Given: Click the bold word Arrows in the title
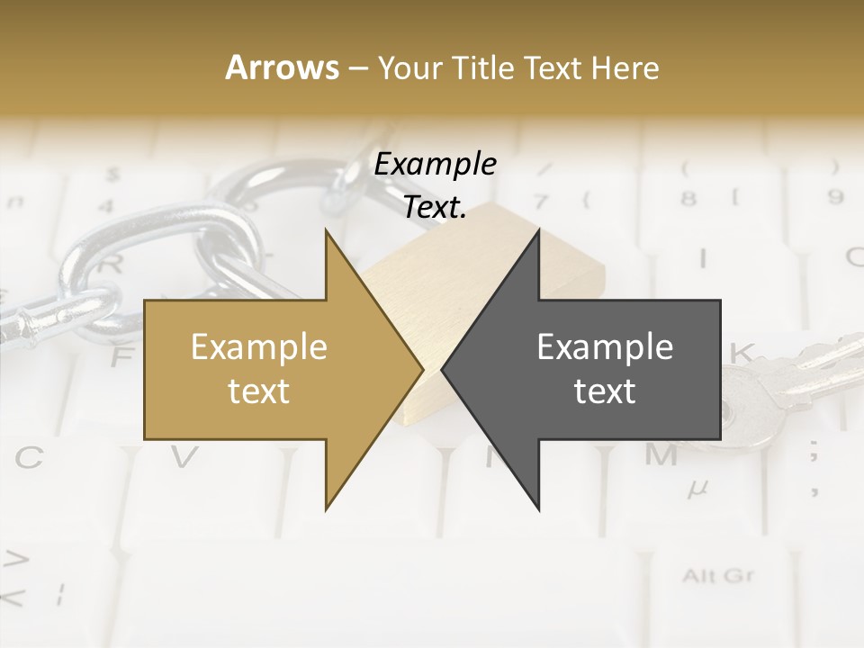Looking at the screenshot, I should tap(282, 67).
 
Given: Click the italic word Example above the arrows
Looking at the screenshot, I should tap(435, 165).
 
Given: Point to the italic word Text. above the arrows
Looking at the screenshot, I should tap(435, 208).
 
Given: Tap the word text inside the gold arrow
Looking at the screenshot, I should tap(258, 391).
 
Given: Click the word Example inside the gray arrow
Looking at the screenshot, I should tap(605, 347).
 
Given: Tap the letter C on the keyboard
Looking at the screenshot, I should tap(29, 458).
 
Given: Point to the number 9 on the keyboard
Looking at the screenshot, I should tap(835, 195).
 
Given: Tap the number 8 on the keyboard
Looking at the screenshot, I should tap(690, 196).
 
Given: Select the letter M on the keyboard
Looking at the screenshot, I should tap(661, 455).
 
